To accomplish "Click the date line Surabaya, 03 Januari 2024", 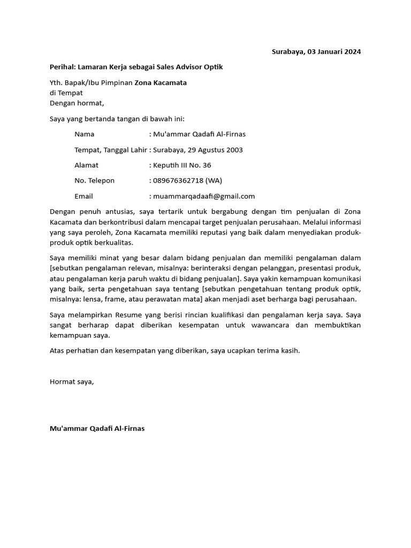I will pyautogui.click(x=316, y=52).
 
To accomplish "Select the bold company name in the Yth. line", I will pyautogui.click(x=161, y=82).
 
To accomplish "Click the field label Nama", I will pyautogui.click(x=84, y=134).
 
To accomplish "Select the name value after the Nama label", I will pyautogui.click(x=199, y=134).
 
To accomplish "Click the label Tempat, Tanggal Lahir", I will pyautogui.click(x=110, y=150).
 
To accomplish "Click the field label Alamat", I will pyautogui.click(x=86, y=165).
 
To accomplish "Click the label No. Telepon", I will pyautogui.click(x=94, y=181).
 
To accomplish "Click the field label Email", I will pyautogui.click(x=83, y=196).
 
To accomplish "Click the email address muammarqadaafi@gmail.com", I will pyautogui.click(x=204, y=196).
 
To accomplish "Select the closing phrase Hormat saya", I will pyautogui.click(x=72, y=382).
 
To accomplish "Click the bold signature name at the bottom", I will pyautogui.click(x=97, y=429).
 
